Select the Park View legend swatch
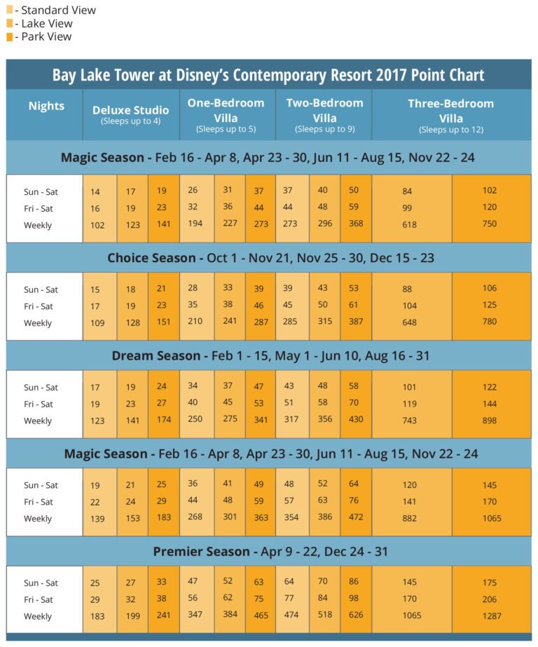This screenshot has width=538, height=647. pyautogui.click(x=9, y=36)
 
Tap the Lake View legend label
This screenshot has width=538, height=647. pyautogui.click(x=46, y=24)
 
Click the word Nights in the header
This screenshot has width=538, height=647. pyautogui.click(x=46, y=106)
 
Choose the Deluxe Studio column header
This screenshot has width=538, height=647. pyautogui.click(x=130, y=110)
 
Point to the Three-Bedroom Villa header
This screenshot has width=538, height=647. pyautogui.click(x=450, y=110)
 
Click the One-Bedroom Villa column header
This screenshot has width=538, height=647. pyautogui.click(x=226, y=110)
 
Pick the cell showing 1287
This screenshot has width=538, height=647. pyautogui.click(x=490, y=617)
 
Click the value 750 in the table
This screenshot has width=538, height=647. pyautogui.click(x=490, y=224)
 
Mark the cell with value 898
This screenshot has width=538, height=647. pyautogui.click(x=490, y=421)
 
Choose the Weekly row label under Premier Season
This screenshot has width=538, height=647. pyautogui.click(x=38, y=617)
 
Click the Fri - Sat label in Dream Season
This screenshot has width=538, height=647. pyautogui.click(x=39, y=404)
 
